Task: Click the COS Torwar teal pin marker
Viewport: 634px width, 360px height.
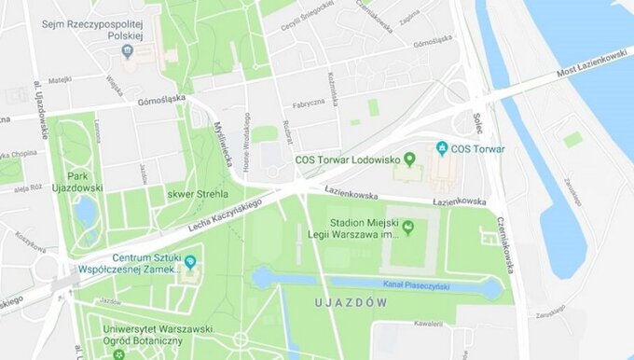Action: tap(442, 147)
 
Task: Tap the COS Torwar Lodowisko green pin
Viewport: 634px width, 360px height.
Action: tap(407, 159)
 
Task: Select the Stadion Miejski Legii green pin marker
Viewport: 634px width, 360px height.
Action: tap(407, 227)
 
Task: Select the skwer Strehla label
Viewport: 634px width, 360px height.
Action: tap(191, 194)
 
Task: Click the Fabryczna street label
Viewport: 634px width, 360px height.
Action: tap(306, 104)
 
